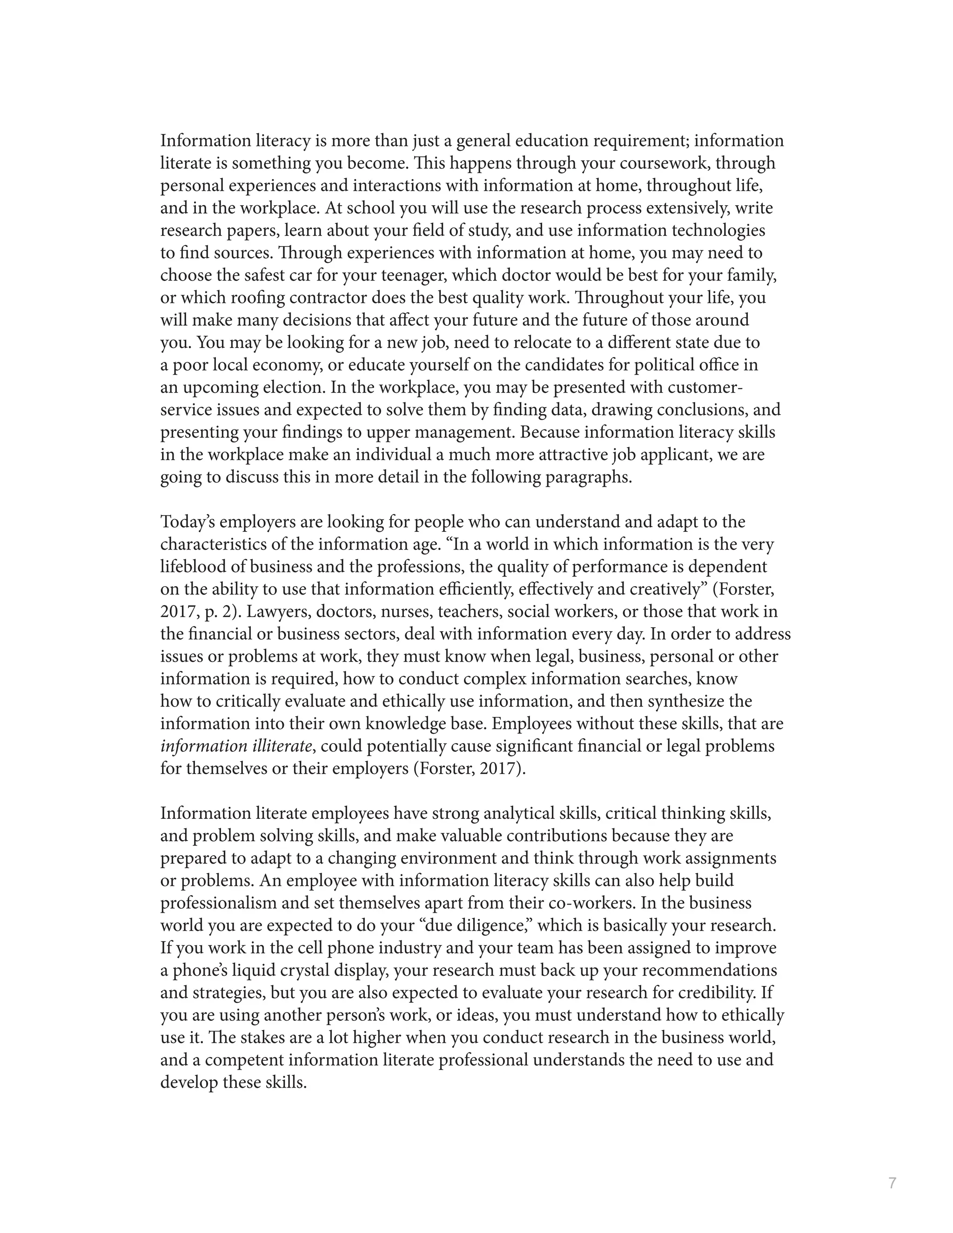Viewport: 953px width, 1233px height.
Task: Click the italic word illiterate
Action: pyautogui.click(x=282, y=746)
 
